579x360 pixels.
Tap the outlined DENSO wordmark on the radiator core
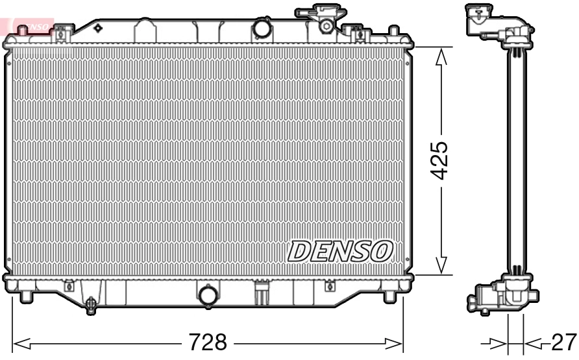pyautogui.click(x=340, y=251)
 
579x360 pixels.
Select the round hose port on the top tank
pyautogui.click(x=262, y=29)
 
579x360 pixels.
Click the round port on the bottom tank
pyautogui.click(x=208, y=295)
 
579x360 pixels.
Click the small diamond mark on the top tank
pyautogui.click(x=98, y=28)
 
